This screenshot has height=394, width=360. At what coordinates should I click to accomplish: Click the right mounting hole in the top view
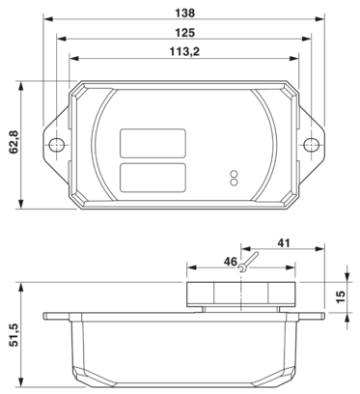coord(309,147)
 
